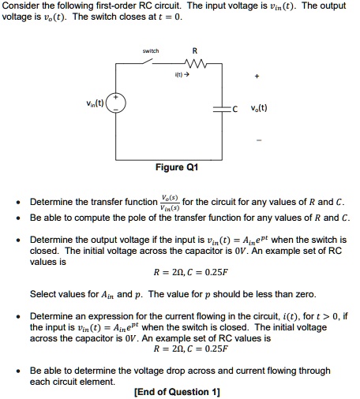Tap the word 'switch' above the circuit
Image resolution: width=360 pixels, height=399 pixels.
tap(151, 52)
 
